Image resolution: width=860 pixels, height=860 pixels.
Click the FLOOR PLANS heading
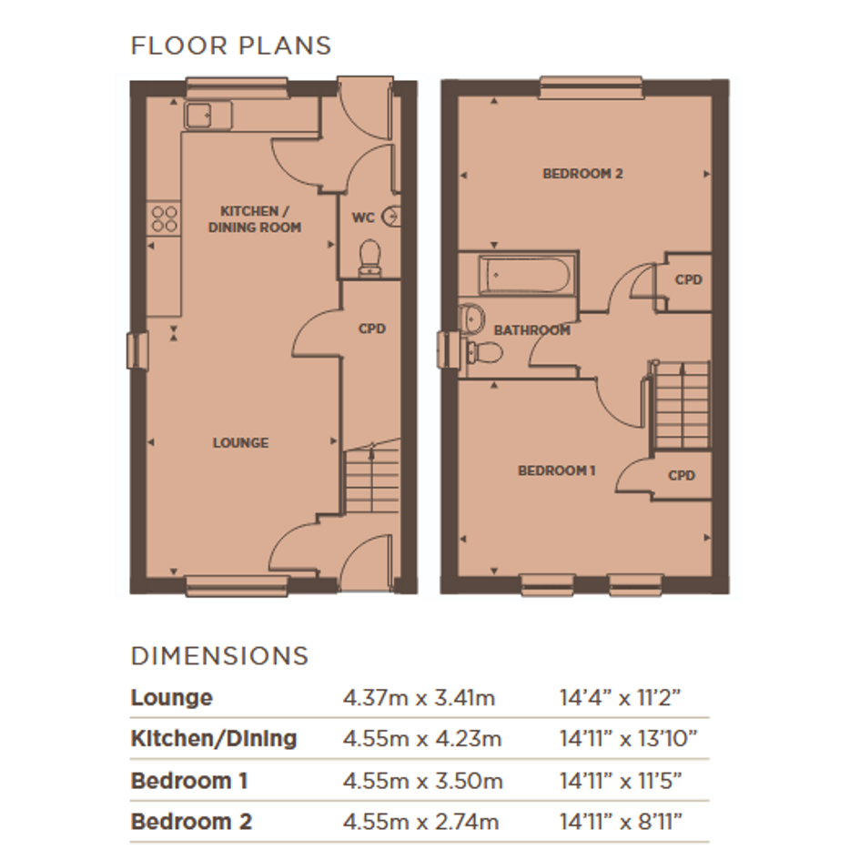point(231,46)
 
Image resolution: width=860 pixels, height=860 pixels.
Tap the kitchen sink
point(207,116)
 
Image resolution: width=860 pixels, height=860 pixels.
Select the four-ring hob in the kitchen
point(164,218)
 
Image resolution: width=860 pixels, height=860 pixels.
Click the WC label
point(363,218)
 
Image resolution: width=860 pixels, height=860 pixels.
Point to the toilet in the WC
point(370,258)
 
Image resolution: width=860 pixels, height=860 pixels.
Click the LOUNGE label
point(241,442)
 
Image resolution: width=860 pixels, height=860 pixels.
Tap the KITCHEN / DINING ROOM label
point(255,218)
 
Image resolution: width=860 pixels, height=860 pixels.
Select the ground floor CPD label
point(372,329)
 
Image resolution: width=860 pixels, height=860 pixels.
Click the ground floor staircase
point(372,477)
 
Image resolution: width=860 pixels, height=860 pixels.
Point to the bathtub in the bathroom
point(525,275)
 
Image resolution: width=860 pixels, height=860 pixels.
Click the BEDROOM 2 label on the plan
point(582,174)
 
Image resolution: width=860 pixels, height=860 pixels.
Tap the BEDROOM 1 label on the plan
point(557,470)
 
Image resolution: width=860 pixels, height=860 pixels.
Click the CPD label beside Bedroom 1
point(682,476)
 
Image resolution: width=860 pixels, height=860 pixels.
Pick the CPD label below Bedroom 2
point(688,279)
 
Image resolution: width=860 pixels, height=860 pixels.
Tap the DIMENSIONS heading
point(220,656)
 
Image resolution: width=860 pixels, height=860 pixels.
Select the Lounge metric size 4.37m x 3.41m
point(419,698)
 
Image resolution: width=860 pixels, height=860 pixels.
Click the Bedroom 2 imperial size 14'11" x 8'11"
point(621,822)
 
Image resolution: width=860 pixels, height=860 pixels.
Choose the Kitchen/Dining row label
point(214,739)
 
